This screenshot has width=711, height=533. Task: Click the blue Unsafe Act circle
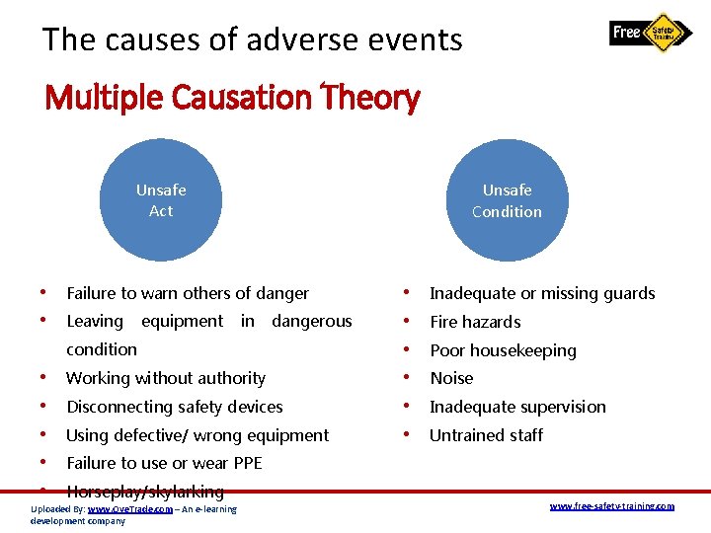161,200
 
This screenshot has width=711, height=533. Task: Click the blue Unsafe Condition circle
507,200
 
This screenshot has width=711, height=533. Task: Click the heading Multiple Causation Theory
233,98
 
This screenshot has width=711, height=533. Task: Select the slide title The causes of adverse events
252,39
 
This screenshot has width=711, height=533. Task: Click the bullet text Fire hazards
475,322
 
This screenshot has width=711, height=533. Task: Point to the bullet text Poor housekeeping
503,350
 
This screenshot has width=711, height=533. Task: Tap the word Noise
451,378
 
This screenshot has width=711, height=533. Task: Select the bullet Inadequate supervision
517,407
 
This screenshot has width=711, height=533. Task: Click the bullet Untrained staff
486,435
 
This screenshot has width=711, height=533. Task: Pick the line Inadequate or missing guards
542,293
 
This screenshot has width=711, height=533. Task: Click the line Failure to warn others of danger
188,293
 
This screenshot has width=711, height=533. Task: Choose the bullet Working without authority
166,378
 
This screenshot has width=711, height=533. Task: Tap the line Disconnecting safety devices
175,407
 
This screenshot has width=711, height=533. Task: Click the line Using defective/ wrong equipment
197,435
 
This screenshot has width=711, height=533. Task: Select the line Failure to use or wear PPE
164,463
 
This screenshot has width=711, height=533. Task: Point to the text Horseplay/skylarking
145,491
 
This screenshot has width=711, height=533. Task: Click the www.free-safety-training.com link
611,506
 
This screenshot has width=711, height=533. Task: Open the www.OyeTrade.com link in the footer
129,509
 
